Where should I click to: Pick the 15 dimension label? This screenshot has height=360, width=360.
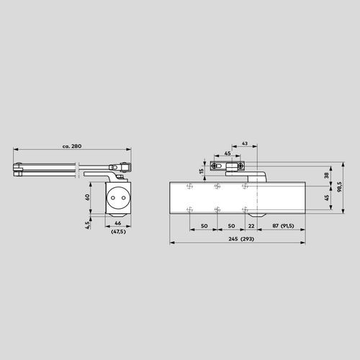pos(201,171)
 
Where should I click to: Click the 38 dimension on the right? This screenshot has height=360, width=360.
pos(327,175)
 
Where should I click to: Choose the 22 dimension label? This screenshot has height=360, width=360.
pos(250,226)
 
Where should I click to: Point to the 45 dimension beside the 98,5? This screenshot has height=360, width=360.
pos(327,197)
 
